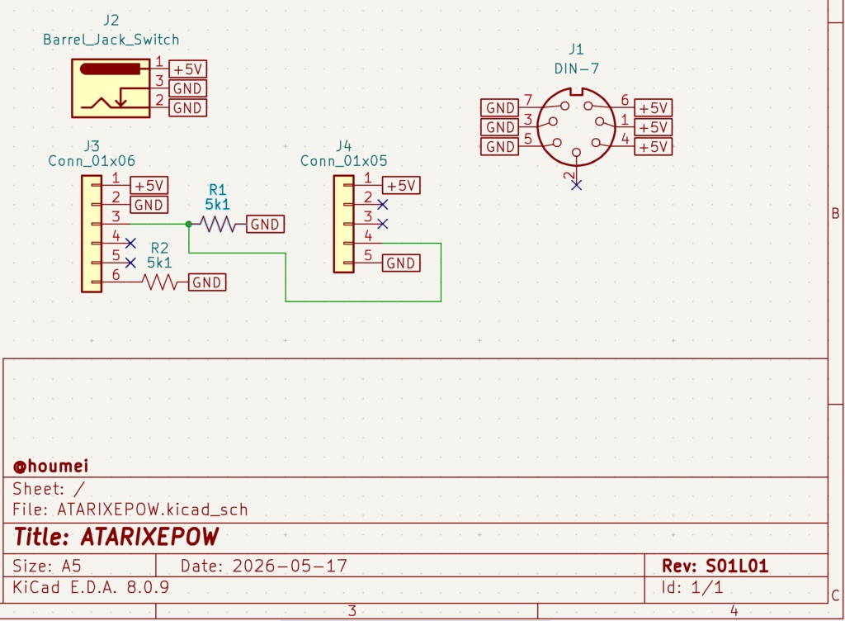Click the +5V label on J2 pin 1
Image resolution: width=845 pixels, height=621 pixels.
pyautogui.click(x=188, y=69)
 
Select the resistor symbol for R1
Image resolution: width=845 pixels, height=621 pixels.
pyautogui.click(x=218, y=224)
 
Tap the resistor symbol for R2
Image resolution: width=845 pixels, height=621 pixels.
pyautogui.click(x=159, y=282)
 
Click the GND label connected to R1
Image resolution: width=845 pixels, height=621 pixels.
pyautogui.click(x=265, y=225)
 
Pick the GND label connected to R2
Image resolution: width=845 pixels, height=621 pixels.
pyautogui.click(x=207, y=282)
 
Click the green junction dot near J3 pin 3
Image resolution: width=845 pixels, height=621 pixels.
pyautogui.click(x=189, y=224)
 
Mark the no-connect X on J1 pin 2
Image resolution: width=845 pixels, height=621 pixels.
pyautogui.click(x=576, y=186)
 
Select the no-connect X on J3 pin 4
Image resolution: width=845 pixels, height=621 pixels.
pyautogui.click(x=130, y=244)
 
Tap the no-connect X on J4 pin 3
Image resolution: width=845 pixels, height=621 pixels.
pyautogui.click(x=383, y=224)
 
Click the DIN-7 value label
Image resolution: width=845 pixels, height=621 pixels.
pyautogui.click(x=576, y=69)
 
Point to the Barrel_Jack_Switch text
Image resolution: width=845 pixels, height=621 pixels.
pyautogui.click(x=111, y=40)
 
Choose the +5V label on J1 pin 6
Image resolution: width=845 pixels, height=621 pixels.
pyautogui.click(x=654, y=108)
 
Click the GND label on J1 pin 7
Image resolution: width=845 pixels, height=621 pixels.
pyautogui.click(x=499, y=108)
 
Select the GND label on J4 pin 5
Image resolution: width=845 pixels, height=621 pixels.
pyautogui.click(x=401, y=263)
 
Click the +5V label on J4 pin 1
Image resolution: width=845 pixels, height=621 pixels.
pyautogui.click(x=401, y=186)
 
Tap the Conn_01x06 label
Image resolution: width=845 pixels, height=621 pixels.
pyautogui.click(x=92, y=161)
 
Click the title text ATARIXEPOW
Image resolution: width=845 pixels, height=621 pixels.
pyautogui.click(x=150, y=537)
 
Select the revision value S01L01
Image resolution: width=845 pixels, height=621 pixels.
pyautogui.click(x=737, y=566)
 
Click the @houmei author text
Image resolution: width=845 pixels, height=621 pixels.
pyautogui.click(x=50, y=466)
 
